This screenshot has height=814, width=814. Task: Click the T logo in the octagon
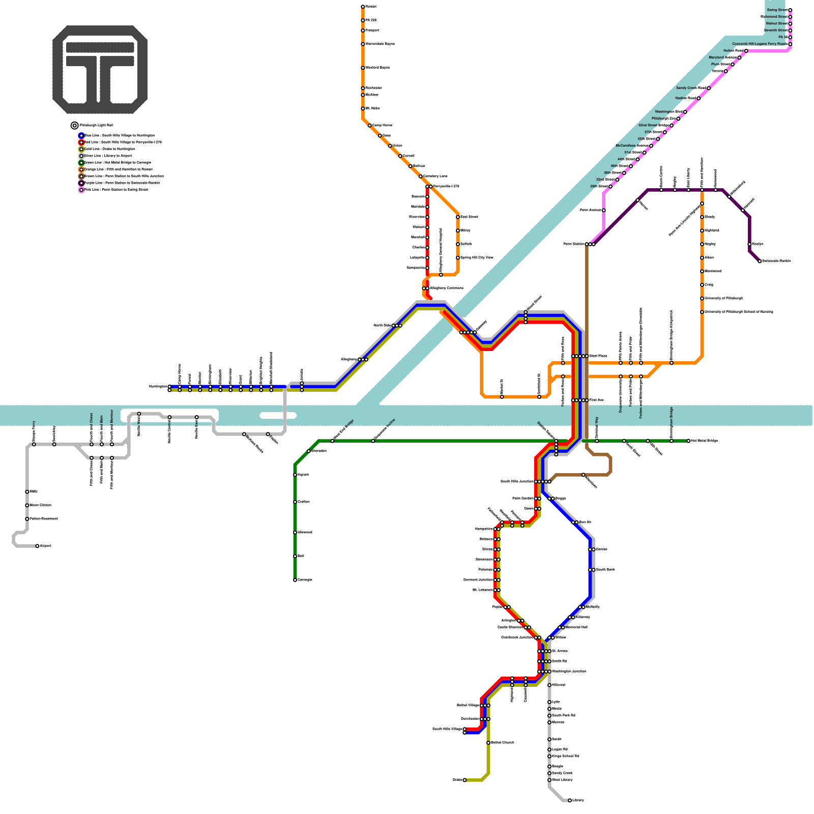tap(100, 70)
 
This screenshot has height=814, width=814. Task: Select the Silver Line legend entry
tap(108, 156)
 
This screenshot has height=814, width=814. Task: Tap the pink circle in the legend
tap(81, 190)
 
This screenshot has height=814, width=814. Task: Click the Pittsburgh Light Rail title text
tap(96, 125)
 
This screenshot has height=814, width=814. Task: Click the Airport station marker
tap(37, 546)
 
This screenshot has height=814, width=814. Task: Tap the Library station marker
tap(569, 800)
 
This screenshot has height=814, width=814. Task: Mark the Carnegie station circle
tap(295, 580)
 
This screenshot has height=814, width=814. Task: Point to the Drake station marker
tap(464, 780)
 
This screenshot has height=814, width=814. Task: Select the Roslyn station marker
tap(749, 244)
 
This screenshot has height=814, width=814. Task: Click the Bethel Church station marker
tap(488, 743)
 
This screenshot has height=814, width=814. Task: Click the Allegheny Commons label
tap(447, 288)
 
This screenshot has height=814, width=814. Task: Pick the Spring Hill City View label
tap(477, 257)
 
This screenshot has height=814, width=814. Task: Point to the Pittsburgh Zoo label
tap(663, 119)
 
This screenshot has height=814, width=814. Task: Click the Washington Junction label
tap(569, 672)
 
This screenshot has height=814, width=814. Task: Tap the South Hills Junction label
tap(516, 481)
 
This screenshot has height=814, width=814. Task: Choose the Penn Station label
tap(573, 244)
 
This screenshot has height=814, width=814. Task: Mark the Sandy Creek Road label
tap(690, 88)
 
